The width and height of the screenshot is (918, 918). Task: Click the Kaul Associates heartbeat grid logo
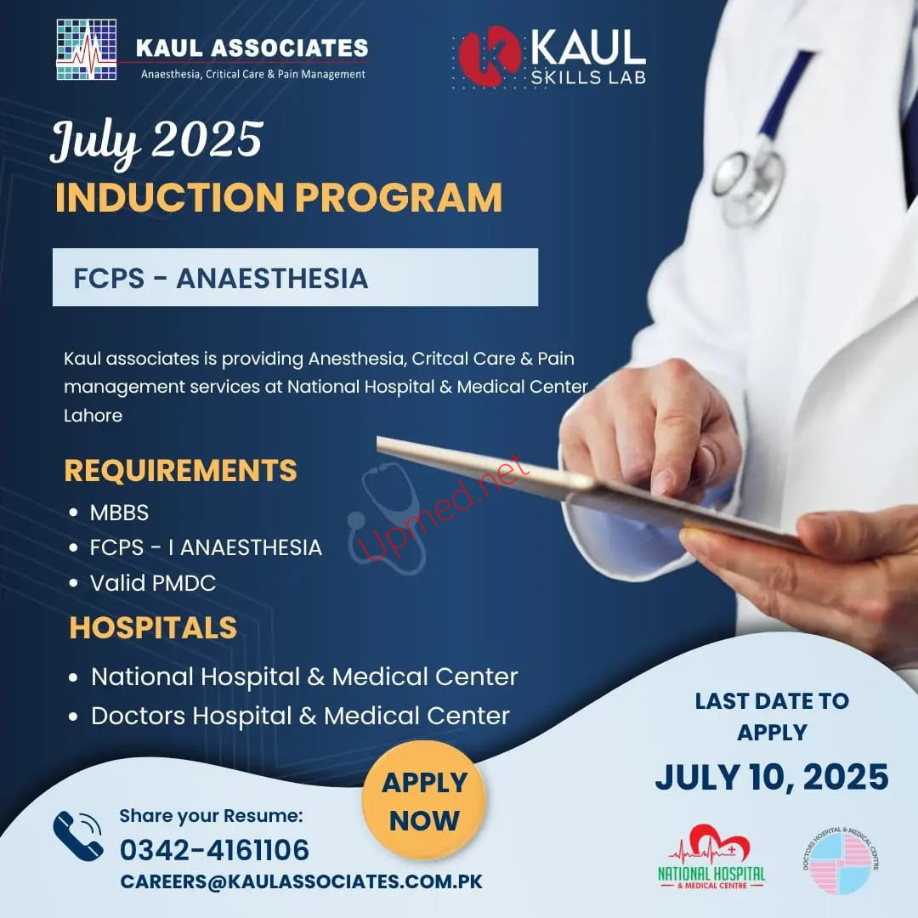pos(86,50)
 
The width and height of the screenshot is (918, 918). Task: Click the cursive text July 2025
pos(157,142)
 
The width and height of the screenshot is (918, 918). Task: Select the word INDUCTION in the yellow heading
pos(170,197)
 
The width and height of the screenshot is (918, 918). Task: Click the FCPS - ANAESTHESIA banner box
pos(295,277)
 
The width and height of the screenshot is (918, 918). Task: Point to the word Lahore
pos(93,415)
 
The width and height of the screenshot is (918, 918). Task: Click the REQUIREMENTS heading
pos(180,470)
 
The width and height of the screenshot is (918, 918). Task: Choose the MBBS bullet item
pos(119,513)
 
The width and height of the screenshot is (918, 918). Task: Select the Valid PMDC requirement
pos(153,582)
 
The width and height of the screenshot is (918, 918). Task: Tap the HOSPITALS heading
pos(153,627)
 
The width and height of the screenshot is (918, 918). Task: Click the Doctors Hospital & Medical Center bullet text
pos(300,716)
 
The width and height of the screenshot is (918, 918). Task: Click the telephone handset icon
pos(78,836)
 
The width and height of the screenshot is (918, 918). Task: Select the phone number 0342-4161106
pos(214,850)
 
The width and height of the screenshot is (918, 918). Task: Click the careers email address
pos(302,881)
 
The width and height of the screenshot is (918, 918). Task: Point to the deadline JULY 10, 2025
pos(772,778)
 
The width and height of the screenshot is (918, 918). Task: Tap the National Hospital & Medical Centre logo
pos(712,858)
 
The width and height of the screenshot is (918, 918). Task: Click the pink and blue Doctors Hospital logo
pos(841,861)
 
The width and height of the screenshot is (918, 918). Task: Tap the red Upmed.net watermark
pos(443,507)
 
